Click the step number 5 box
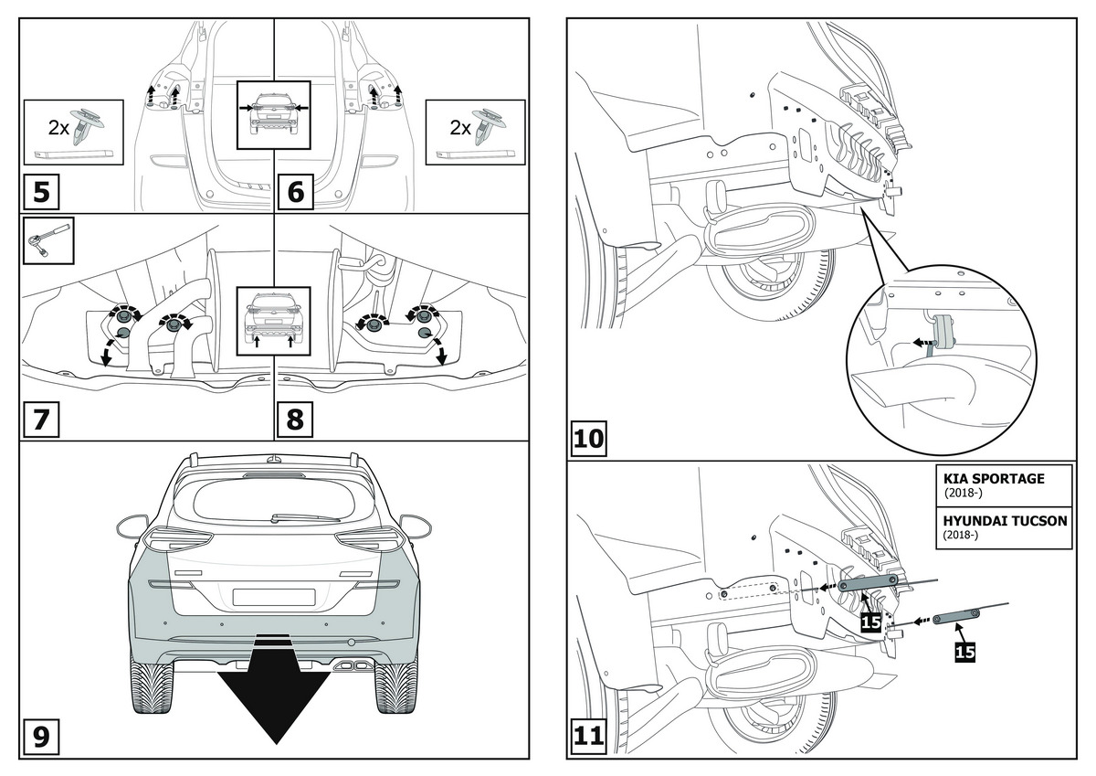(x=41, y=193)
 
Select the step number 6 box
(x=294, y=193)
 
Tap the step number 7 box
(x=41, y=420)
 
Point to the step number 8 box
(x=294, y=420)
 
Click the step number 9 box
(x=41, y=738)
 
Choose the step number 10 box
(x=589, y=439)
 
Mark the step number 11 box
(x=589, y=738)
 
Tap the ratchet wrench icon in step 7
(x=47, y=239)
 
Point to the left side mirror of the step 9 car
(x=132, y=526)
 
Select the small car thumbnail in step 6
(x=274, y=114)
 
